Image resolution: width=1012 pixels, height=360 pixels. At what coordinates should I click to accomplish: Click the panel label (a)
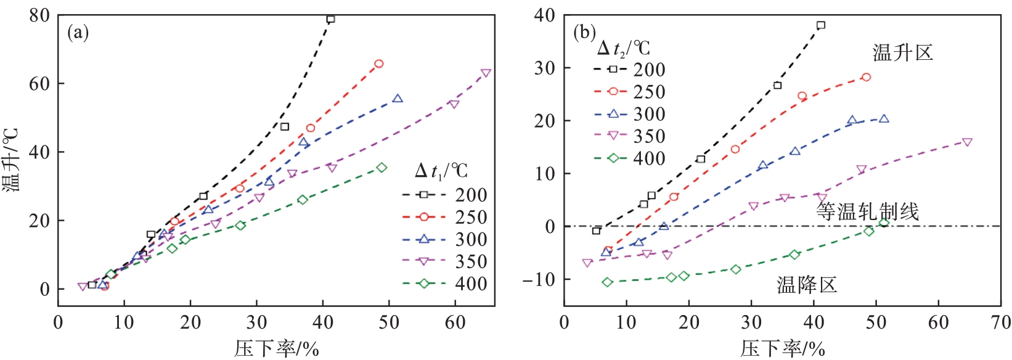78,33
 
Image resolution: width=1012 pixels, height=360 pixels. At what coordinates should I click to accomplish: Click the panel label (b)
584,33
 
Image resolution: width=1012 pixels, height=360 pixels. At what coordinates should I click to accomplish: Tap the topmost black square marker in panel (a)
330,19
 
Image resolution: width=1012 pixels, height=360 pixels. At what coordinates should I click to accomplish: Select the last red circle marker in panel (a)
379,63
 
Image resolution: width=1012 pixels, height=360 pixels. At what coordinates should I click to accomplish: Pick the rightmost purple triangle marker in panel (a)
486,73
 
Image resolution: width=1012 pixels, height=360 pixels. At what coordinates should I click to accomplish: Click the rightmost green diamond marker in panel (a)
382,168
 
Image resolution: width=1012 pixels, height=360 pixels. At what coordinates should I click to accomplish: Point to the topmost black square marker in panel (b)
821,25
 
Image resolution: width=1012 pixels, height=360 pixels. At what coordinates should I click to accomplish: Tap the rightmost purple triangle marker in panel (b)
967,142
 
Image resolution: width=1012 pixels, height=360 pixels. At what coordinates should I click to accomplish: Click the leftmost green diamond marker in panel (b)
608,282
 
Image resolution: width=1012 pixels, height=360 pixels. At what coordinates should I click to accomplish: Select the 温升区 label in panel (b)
903,53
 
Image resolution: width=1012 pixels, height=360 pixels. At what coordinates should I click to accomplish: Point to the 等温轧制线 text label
868,211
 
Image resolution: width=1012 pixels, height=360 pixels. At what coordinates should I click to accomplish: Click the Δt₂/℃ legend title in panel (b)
624,47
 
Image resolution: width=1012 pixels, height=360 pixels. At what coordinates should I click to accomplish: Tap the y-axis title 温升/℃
12,160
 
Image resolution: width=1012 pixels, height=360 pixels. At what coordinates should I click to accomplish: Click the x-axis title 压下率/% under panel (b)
782,349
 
